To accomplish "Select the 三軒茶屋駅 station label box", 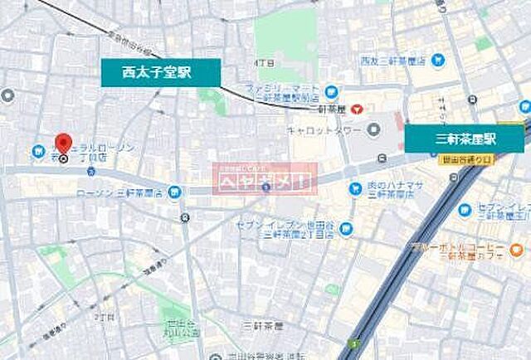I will (465, 137).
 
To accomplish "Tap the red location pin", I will (63, 144).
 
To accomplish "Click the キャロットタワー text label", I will (321, 129).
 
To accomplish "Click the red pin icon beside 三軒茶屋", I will (356, 109).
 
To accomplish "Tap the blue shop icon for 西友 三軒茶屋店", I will (438, 60).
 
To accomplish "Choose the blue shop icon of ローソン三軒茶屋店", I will (174, 192).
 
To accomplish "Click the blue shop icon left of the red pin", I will (38, 152).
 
